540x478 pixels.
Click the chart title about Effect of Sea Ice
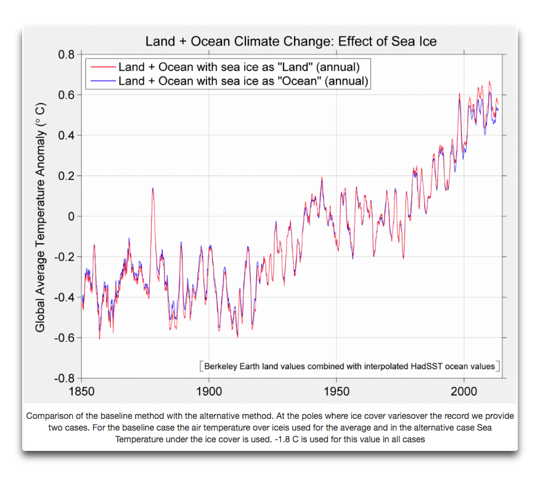(x=290, y=42)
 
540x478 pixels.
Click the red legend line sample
(x=102, y=67)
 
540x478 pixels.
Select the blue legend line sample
(x=102, y=81)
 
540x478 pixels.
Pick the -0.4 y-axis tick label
(x=65, y=297)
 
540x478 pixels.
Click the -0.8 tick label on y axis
(x=65, y=378)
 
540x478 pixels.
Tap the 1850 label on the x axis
(x=81, y=391)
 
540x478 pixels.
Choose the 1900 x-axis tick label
(x=209, y=391)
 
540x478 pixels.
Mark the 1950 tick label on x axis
(x=337, y=391)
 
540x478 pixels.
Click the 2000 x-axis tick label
(x=464, y=391)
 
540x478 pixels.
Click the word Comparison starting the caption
(x=50, y=416)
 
